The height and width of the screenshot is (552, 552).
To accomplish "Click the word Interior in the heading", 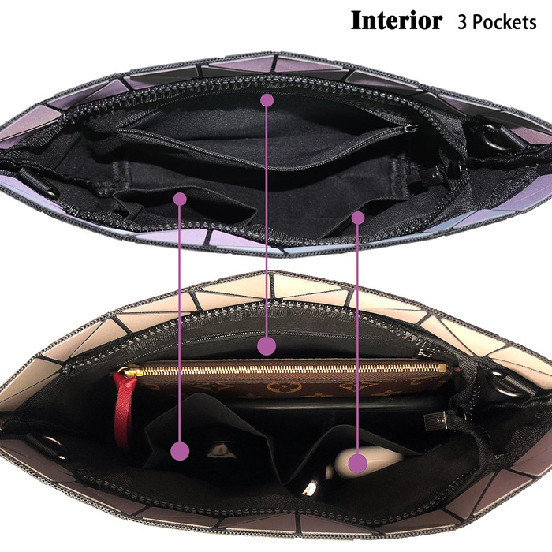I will coord(396,21).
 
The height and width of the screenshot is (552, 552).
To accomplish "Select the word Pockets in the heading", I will coord(508,21).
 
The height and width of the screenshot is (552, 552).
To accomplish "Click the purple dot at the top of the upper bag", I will coord(267,100).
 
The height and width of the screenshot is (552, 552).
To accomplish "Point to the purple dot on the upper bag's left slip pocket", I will coord(180,199).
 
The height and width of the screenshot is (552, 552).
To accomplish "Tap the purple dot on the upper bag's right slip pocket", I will coord(358,216).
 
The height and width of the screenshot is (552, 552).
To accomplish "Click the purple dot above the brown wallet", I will coord(267,345).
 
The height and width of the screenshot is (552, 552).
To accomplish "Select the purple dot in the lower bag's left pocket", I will coord(181,451).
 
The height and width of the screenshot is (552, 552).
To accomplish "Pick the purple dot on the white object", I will coord(358,463).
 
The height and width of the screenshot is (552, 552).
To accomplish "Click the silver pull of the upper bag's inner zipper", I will coord(409,129).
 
